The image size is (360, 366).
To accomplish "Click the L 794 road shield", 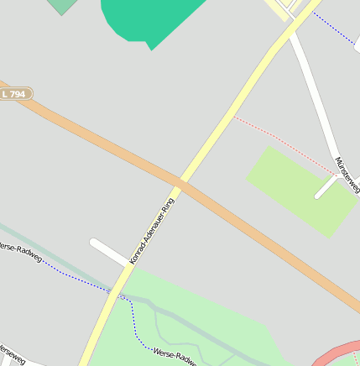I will pyautogui.click(x=14, y=94).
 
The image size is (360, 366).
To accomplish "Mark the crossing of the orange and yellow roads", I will pyautogui.click(x=180, y=181).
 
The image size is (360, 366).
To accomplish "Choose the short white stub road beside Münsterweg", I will pyautogui.click(x=326, y=188).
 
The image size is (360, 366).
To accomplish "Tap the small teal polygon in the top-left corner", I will pyautogui.click(x=61, y=6).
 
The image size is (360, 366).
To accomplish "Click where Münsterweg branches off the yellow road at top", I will pyautogui.click(x=290, y=32).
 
